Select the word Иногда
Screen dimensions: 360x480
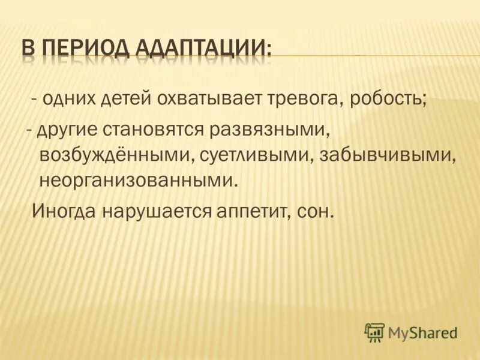[64, 211]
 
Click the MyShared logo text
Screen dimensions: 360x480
[422, 332]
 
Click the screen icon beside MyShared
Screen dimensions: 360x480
[374, 331]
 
